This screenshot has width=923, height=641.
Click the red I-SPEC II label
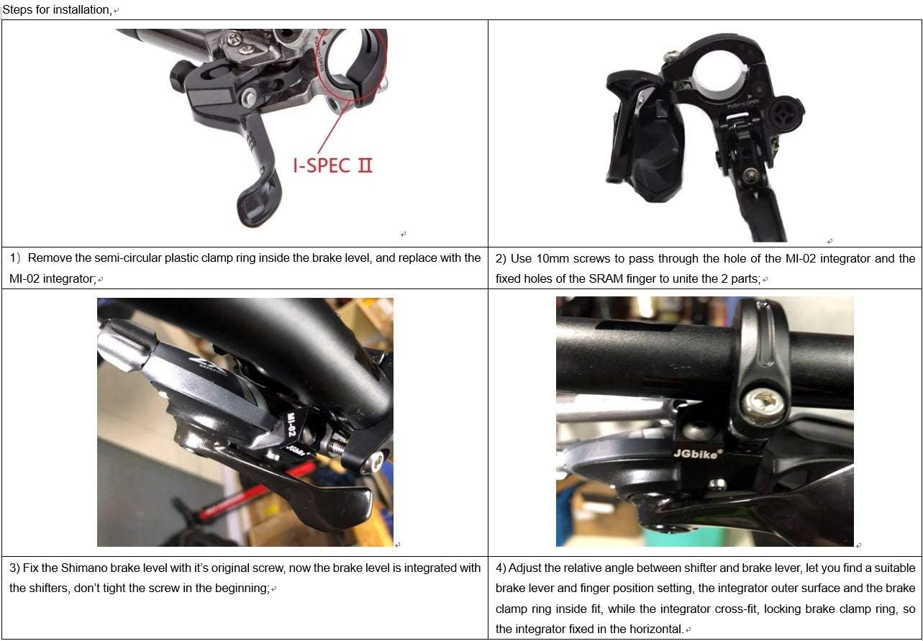[332, 165]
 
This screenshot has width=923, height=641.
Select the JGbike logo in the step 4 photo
[694, 453]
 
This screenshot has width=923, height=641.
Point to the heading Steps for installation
[56, 10]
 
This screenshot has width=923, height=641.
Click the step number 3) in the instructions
[14, 568]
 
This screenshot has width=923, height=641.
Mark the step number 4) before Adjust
[501, 568]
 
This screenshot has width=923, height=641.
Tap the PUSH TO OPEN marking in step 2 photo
[743, 104]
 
